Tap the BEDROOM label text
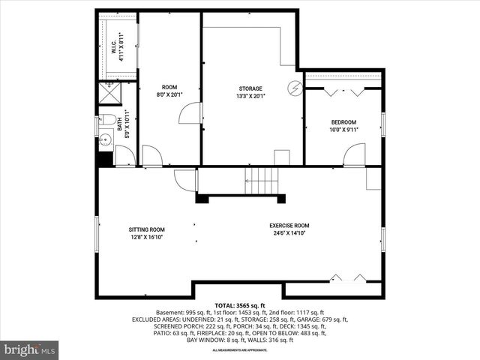[343, 122]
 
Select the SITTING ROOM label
[146, 229]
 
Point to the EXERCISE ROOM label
[289, 226]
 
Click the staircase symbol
[262, 181]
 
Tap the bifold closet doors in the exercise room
[349, 279]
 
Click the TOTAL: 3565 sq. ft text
[240, 306]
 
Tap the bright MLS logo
[30, 349]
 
